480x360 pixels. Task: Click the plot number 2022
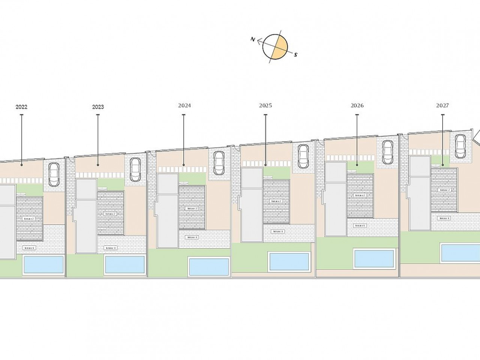[x=21, y=107]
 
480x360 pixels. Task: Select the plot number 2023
[x=98, y=107]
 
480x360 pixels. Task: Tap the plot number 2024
[x=184, y=106]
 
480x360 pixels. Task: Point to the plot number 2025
[x=265, y=106]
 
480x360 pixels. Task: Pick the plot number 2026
[x=357, y=106]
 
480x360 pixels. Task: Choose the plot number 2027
[x=442, y=106]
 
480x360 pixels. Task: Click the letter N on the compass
[x=253, y=39]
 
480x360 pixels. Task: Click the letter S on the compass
[x=295, y=55]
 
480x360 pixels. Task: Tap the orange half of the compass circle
[x=281, y=49]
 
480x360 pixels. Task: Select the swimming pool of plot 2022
[x=43, y=264]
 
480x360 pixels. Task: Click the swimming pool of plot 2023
[x=125, y=264]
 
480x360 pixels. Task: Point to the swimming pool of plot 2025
[x=289, y=261]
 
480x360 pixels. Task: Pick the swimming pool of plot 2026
[x=374, y=258]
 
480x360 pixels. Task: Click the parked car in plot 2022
[x=54, y=174]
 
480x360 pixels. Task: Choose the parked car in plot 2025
[x=303, y=156]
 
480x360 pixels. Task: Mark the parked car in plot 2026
[x=388, y=152]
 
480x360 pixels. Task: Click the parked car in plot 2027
[x=460, y=147]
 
